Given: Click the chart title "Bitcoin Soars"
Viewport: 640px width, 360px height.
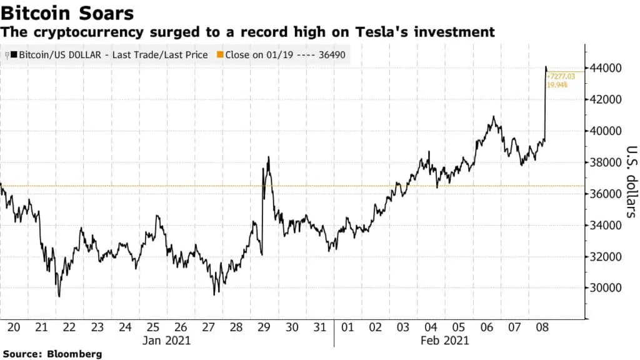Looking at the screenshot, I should tap(67, 12).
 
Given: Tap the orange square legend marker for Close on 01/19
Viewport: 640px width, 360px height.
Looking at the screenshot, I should tap(219, 55).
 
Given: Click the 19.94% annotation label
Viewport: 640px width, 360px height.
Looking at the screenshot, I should tap(559, 84).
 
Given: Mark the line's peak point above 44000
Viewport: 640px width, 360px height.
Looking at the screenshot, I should tap(546, 66).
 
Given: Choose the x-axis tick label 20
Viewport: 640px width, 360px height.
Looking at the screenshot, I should tap(12, 327).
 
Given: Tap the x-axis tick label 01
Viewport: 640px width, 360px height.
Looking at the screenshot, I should tap(347, 327).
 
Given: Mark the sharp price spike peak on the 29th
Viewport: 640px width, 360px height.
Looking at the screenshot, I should tap(268, 157).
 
